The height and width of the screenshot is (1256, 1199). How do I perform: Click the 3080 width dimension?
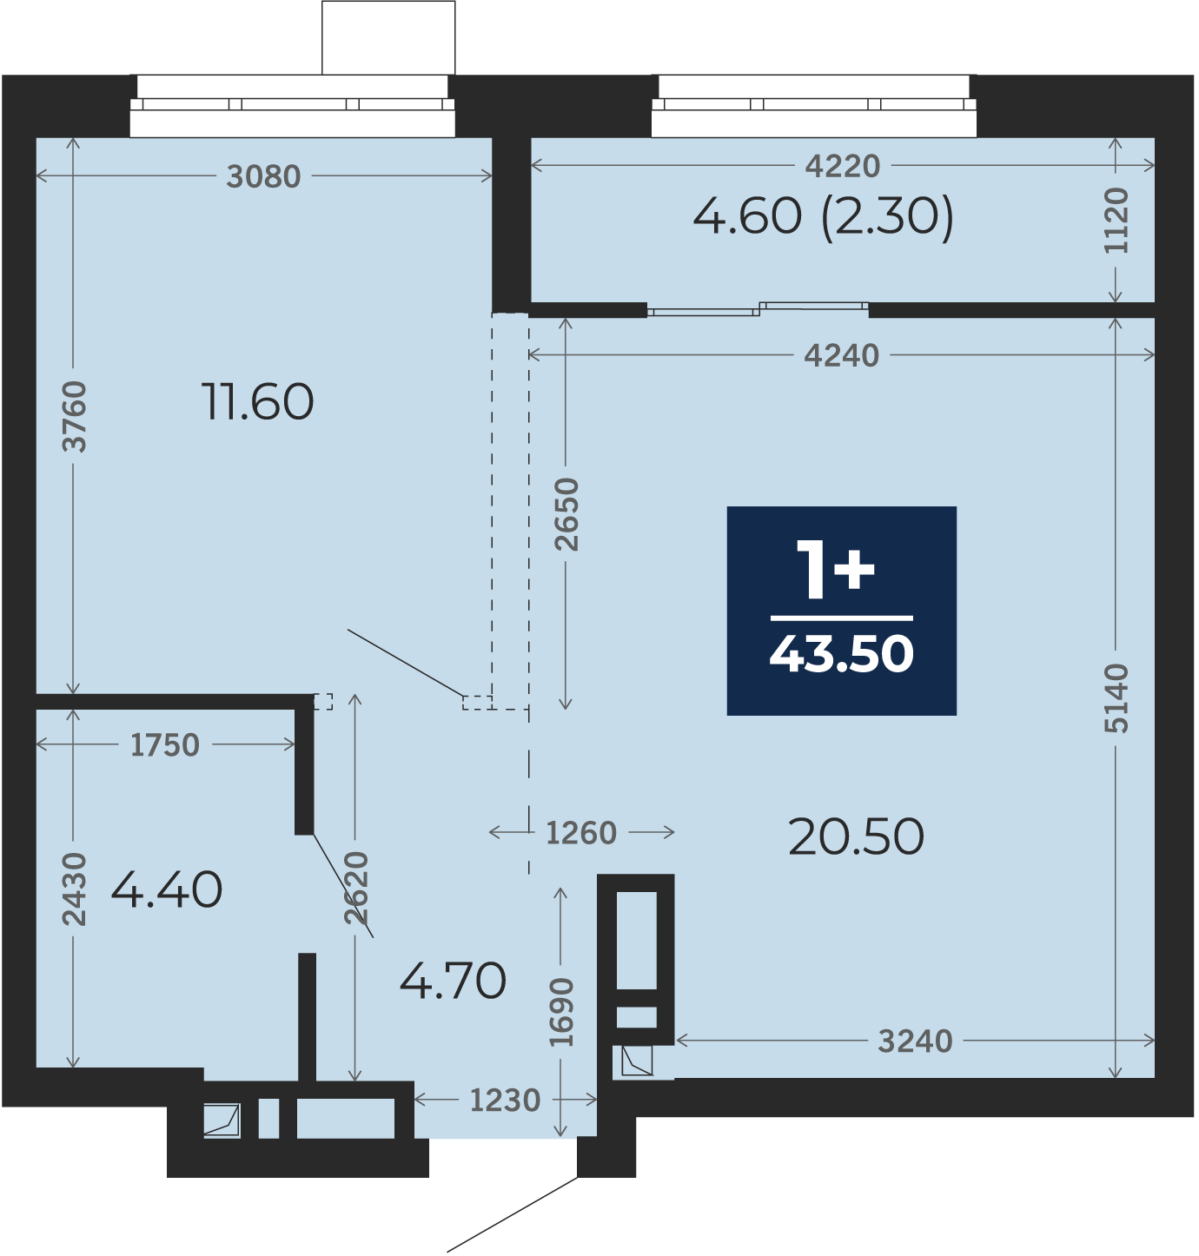(263, 176)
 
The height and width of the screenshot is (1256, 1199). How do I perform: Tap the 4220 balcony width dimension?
(843, 166)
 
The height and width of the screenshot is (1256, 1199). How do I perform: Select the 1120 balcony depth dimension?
(1116, 221)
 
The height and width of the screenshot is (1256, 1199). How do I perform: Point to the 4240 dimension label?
(842, 355)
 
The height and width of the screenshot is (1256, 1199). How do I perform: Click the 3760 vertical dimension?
(74, 417)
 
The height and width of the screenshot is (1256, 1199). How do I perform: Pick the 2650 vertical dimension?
(566, 514)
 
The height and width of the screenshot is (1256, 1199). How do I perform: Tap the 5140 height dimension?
(1116, 698)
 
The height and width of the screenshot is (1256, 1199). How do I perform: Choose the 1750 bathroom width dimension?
(165, 745)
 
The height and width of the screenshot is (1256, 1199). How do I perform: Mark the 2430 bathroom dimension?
(74, 889)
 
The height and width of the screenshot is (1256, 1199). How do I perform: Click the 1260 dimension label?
(581, 833)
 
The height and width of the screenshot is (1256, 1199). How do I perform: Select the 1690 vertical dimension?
(562, 1012)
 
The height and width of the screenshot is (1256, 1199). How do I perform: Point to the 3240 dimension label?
(915, 1041)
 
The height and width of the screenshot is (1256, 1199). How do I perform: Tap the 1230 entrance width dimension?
(506, 1101)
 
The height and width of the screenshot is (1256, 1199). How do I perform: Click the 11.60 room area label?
(257, 402)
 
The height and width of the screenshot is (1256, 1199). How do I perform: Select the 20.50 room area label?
(857, 837)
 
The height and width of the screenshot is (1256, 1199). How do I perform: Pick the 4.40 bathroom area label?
(167, 890)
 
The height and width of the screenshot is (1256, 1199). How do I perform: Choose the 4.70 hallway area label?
(454, 981)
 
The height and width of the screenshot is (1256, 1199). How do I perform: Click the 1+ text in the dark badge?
(835, 570)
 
